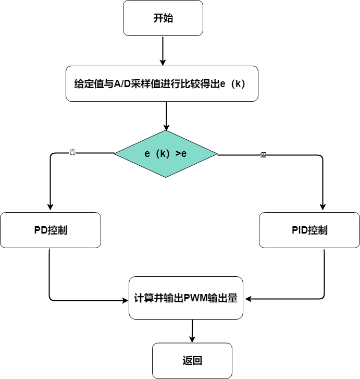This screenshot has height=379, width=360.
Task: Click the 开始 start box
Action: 163,18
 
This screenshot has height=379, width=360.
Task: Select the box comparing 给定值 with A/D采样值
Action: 162,83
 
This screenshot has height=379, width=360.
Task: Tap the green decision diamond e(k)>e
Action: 166,154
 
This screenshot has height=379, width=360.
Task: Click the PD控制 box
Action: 51,230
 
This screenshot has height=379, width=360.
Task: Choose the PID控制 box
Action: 309,230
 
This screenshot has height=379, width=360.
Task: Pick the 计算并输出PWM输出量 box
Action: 186,298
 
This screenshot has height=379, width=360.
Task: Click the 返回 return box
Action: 192,361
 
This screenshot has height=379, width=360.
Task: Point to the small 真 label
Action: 72,152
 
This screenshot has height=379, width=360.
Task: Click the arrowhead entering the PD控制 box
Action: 50,208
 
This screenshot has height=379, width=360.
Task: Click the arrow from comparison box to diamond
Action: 167,116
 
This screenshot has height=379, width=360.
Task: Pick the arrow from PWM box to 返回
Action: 192,331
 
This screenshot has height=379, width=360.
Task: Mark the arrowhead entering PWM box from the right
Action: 248,299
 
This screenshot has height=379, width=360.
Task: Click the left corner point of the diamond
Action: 115,153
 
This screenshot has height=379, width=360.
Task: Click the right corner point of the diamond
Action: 217,154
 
